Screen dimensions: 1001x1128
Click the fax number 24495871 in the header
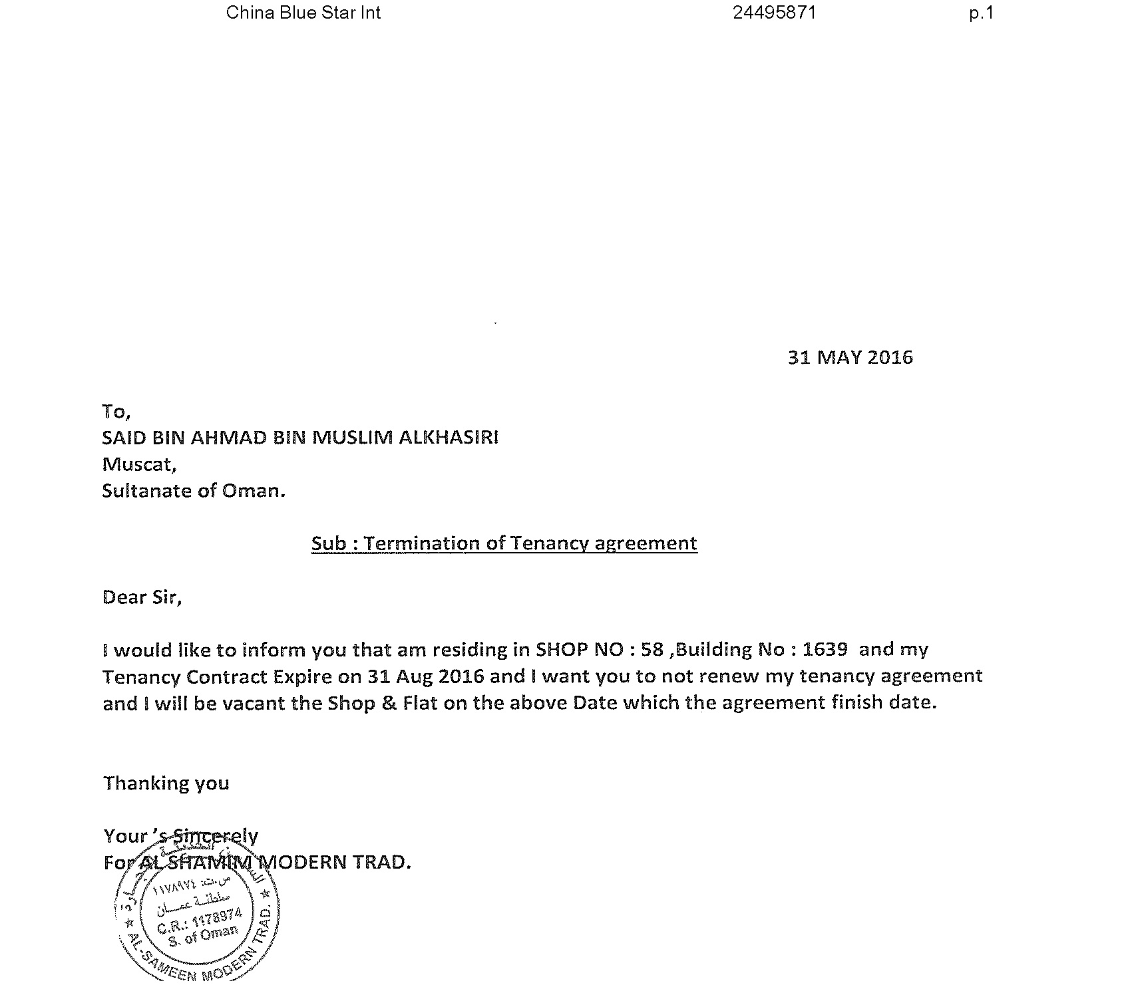tap(774, 13)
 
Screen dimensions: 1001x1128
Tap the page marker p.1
tap(981, 13)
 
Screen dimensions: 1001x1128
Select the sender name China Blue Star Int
tap(303, 13)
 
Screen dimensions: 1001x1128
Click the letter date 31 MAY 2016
tap(850, 358)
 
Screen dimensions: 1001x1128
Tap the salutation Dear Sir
tap(142, 597)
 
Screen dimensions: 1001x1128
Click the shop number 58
tap(652, 649)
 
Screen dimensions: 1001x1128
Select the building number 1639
tap(825, 649)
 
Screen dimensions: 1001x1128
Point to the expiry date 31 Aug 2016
tap(425, 676)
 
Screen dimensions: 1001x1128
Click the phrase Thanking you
tap(166, 783)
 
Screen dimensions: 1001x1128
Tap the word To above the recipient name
tap(114, 412)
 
